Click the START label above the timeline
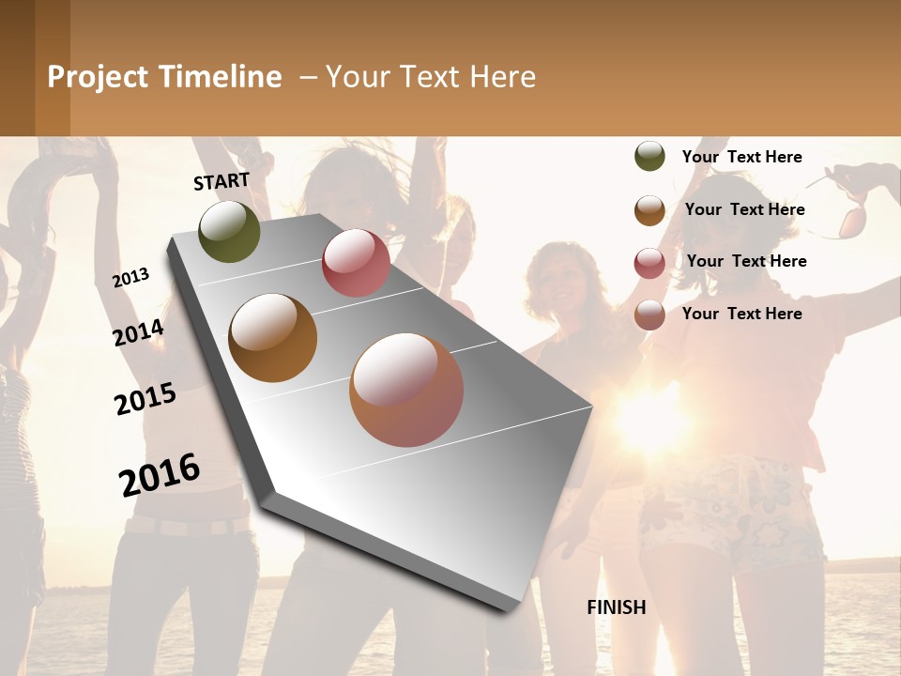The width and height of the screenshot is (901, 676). tap(221, 181)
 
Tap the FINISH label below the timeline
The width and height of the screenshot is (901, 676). tap(617, 607)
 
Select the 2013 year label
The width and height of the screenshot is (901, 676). tap(131, 277)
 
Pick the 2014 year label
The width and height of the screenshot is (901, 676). tap(138, 332)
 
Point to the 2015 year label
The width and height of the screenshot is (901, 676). tap(145, 399)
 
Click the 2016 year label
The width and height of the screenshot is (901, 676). tap(160, 475)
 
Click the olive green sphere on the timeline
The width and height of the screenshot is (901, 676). tap(230, 231)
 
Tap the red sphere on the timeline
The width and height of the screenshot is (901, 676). tap(356, 263)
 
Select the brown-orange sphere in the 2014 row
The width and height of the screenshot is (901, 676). tap(273, 338)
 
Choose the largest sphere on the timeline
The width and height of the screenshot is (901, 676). tap(406, 390)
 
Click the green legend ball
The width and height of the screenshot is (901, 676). tap(649, 157)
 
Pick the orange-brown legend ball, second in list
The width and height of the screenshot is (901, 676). tap(649, 210)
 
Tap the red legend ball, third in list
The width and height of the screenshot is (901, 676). tap(649, 263)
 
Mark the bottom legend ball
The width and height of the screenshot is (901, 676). tap(649, 315)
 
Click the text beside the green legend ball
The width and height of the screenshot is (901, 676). tap(741, 157)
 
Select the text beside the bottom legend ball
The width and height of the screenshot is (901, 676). tap(741, 314)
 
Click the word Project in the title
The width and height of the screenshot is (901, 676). tap(99, 77)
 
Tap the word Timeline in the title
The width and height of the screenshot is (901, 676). tap(220, 77)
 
